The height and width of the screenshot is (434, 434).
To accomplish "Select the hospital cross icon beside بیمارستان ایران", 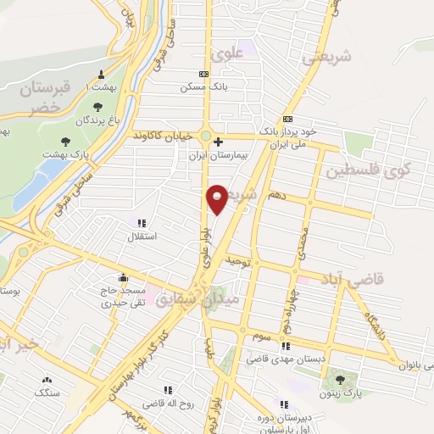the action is tap(219, 142).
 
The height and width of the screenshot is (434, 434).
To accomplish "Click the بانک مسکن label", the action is tap(203, 87).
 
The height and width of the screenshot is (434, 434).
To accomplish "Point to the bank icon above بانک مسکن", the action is tap(203, 74).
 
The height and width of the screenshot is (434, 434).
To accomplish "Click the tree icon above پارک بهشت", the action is tap(66, 141).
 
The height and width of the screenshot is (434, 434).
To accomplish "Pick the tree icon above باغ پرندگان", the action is tap(97, 107).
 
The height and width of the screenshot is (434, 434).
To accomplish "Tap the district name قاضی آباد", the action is tap(350, 277).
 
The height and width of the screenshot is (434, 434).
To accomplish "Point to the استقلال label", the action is tap(140, 236).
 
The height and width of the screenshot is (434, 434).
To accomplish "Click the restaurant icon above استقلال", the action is tap(142, 223).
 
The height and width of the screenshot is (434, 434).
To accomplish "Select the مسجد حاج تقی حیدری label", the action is tap(124, 296).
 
